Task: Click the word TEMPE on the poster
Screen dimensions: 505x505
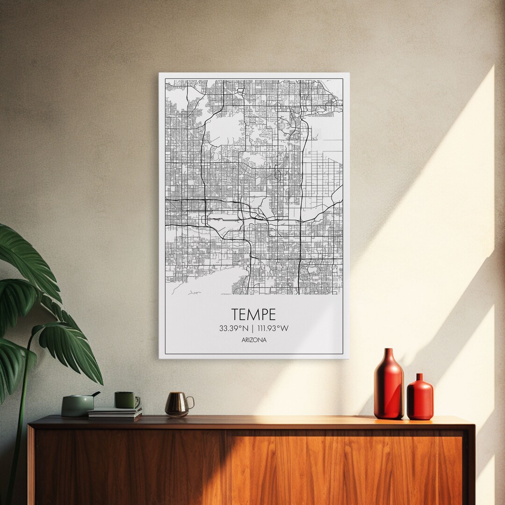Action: [254, 314]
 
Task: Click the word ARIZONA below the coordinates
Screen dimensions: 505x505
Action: [254, 340]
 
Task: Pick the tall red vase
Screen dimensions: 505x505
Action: [389, 386]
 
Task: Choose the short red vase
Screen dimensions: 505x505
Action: [420, 399]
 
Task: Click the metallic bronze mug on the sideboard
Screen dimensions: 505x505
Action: [177, 404]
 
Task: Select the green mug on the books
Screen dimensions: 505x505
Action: [125, 400]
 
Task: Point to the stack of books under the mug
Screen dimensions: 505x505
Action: [115, 413]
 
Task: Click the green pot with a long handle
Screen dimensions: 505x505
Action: [77, 405]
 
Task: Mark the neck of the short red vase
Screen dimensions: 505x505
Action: [419, 377]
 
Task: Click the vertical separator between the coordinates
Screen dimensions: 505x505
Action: [252, 328]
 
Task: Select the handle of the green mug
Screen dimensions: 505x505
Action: [137, 401]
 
